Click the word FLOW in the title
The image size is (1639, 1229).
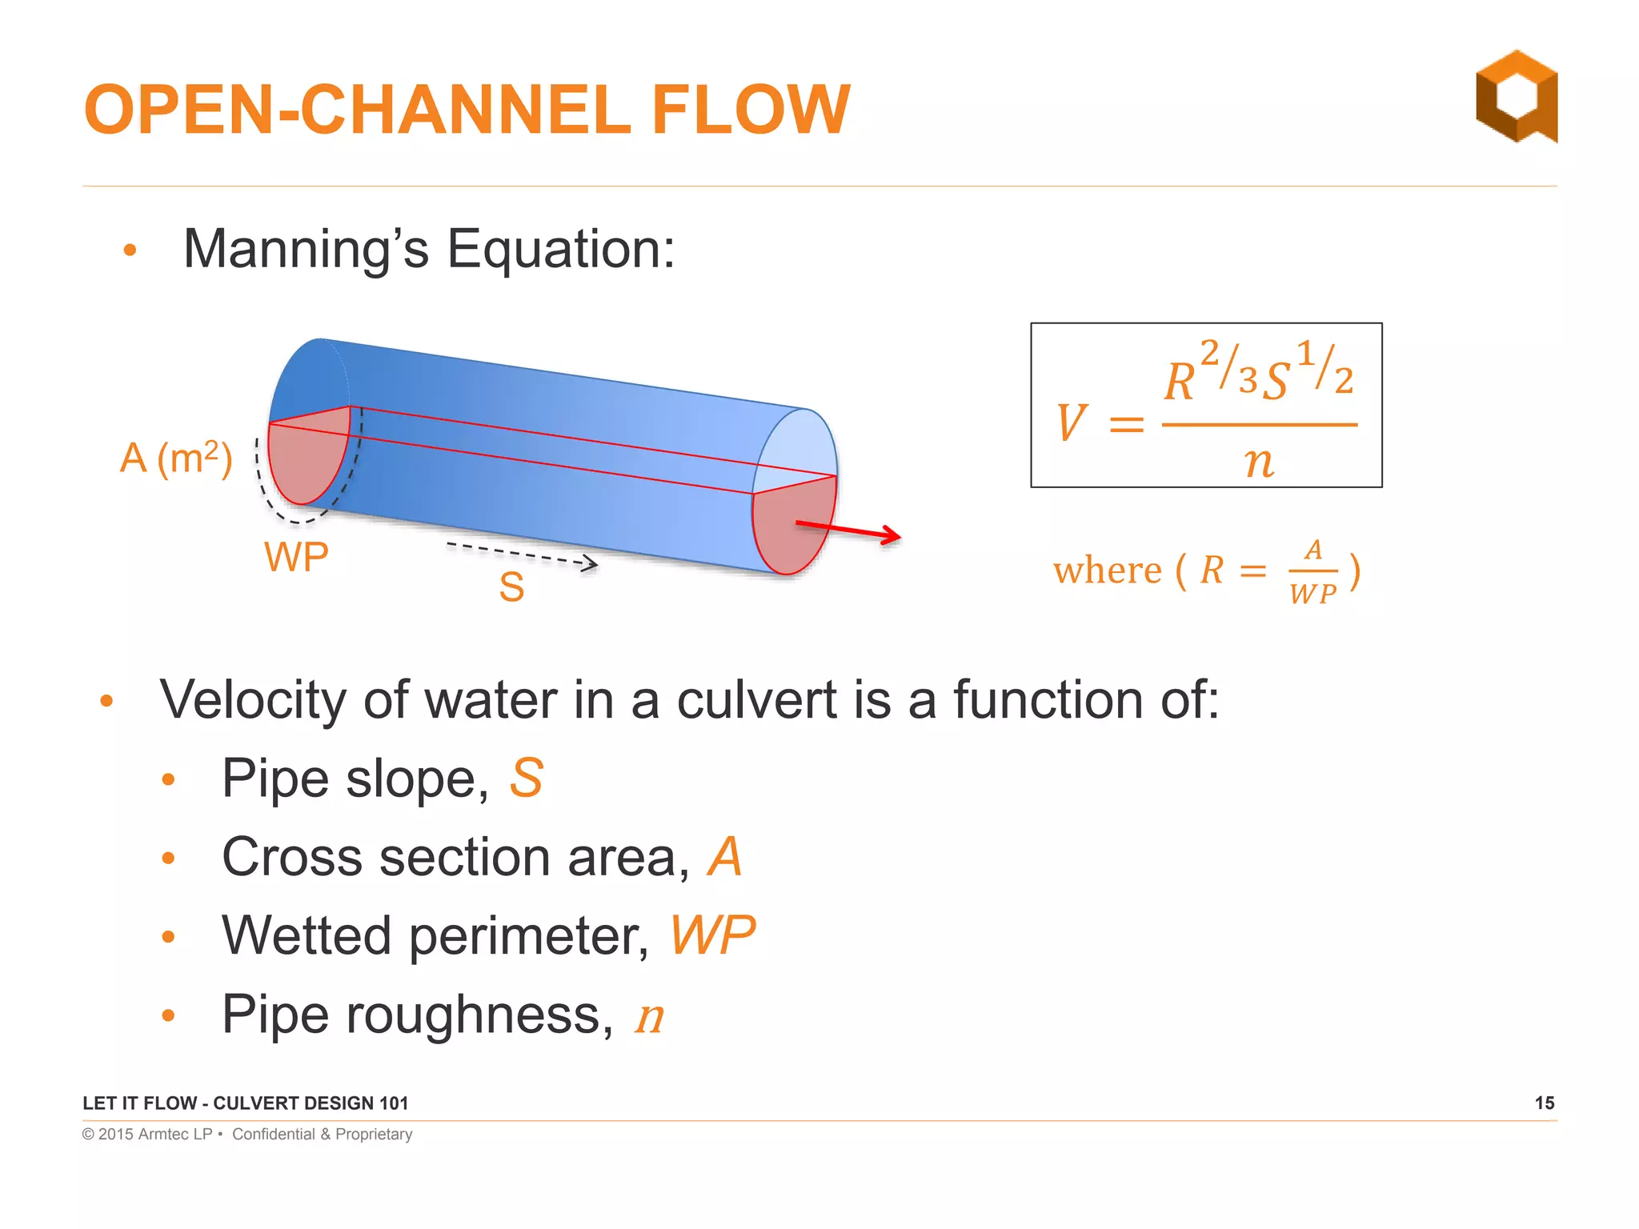tap(750, 110)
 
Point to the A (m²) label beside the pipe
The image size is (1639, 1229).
tap(176, 458)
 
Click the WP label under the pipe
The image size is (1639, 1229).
tap(296, 557)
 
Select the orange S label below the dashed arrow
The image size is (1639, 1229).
tap(511, 587)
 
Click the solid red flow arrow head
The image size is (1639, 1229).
tap(890, 535)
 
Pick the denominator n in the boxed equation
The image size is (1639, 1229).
tap(1259, 462)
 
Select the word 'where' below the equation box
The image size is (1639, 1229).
tap(1107, 571)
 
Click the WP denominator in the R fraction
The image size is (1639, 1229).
tap(1312, 594)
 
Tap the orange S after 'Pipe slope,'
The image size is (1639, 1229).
tap(527, 778)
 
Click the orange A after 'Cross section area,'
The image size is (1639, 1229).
tap(724, 857)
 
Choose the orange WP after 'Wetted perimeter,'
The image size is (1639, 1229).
tap(711, 935)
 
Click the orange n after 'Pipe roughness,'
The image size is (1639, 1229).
tap(649, 1016)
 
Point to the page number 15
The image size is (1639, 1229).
tap(1544, 1103)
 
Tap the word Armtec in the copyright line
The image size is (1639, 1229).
tap(162, 1135)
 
